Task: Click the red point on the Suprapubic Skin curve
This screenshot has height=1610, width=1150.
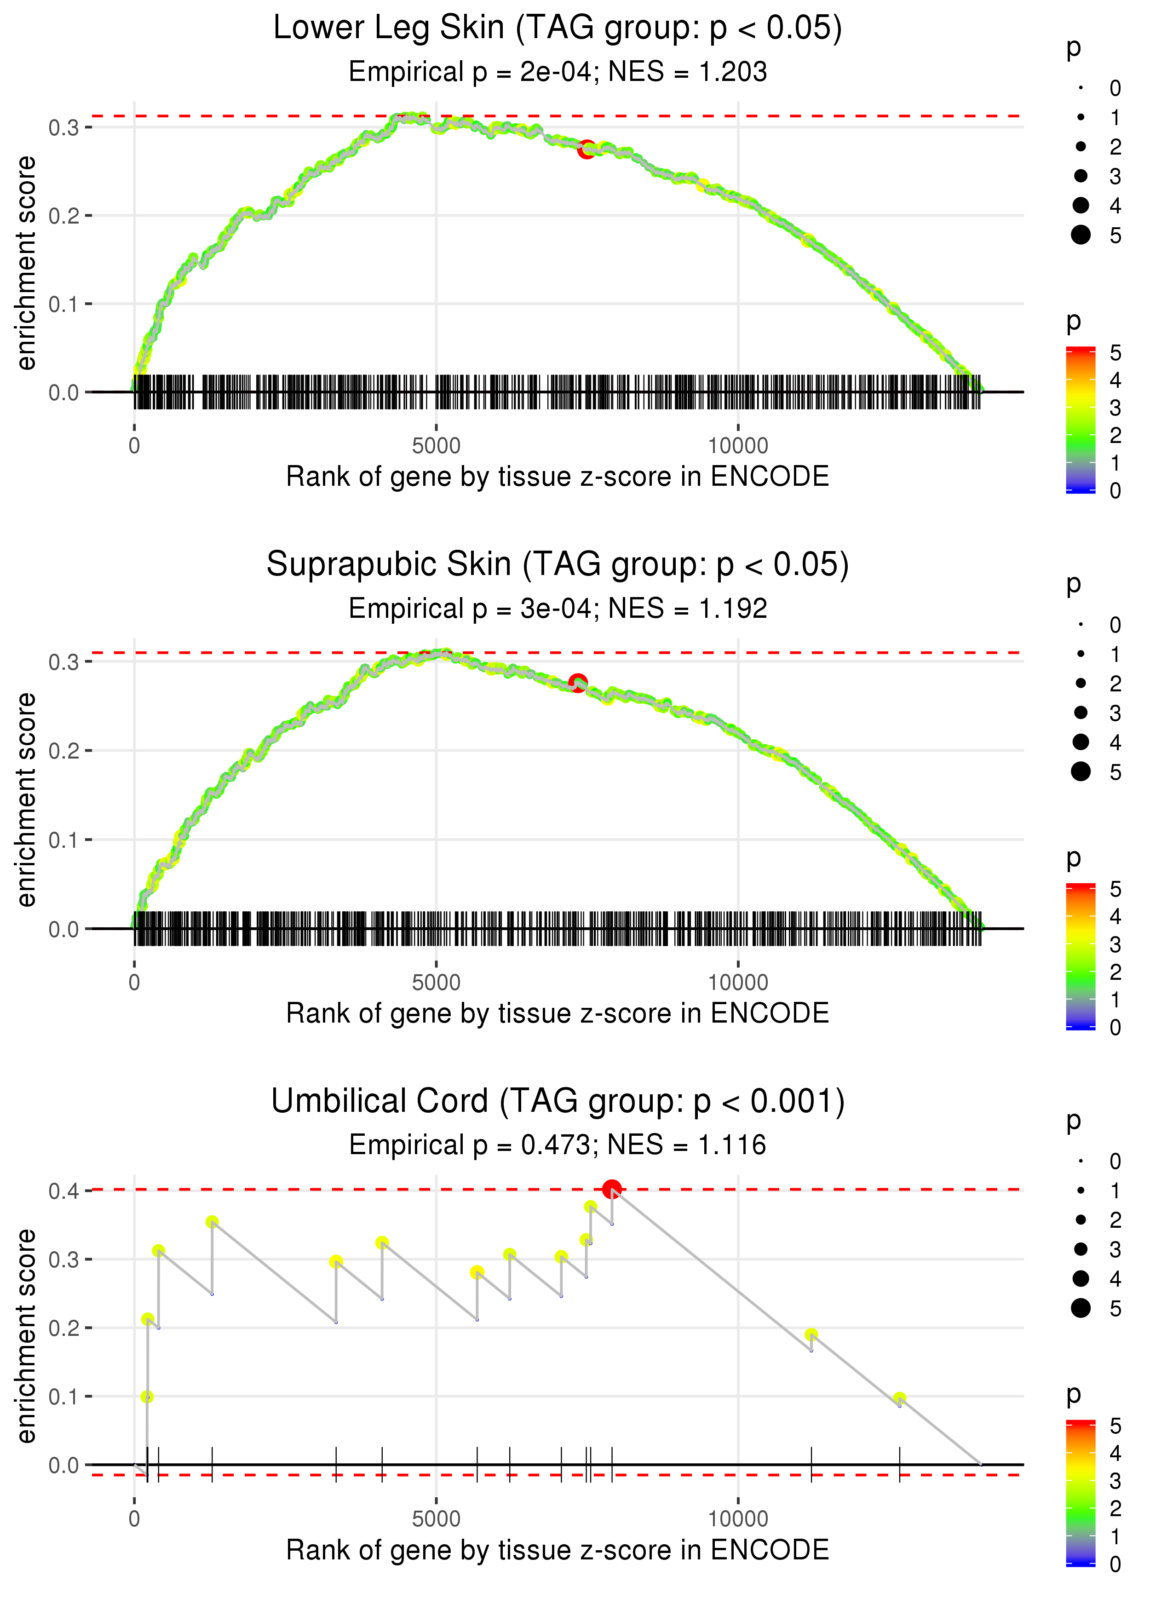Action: [578, 683]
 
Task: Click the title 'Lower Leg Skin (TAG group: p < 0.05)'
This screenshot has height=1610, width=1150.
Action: [558, 29]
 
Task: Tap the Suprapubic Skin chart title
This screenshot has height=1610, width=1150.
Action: [558, 565]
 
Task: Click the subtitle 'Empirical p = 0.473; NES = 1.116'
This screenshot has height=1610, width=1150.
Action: [558, 1145]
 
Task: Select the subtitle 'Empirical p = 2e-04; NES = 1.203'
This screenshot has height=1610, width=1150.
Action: [558, 72]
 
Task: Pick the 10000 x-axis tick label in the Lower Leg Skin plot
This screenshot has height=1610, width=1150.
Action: [738, 446]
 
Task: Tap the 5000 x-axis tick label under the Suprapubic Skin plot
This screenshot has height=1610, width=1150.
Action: [436, 983]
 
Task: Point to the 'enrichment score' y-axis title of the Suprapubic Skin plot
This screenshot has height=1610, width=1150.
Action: [27, 799]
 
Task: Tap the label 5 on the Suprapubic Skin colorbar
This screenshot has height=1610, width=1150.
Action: [1115, 889]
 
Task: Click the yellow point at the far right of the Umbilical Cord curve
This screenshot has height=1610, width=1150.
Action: [899, 1398]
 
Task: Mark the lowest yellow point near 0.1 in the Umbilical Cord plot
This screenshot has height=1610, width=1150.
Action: [147, 1396]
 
